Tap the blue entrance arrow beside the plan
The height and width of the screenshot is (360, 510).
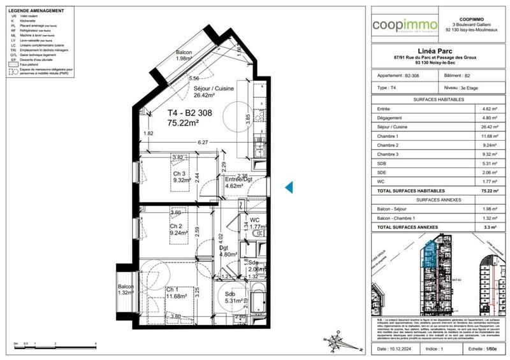click(288, 187)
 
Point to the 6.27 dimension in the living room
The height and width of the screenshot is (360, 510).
click(203, 143)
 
